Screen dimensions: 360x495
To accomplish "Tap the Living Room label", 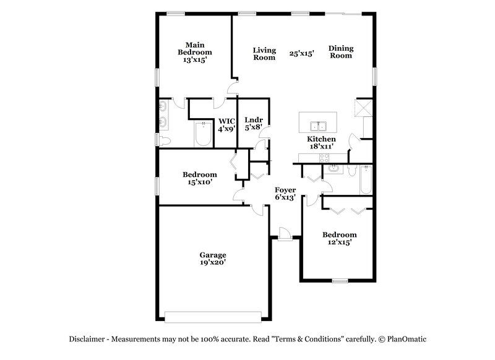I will coord(264,53).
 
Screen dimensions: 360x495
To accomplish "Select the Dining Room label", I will coord(340,51).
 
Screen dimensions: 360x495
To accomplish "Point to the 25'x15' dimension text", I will coord(302,53).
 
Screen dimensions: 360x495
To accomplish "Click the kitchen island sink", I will coord(321,126).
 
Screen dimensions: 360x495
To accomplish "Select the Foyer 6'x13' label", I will coord(285,194).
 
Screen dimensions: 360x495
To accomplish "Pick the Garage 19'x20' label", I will coord(212,259).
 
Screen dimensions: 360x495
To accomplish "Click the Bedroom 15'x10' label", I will coord(200,179).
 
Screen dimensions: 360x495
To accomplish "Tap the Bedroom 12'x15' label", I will coord(340,239).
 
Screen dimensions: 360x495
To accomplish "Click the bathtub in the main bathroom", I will coord(203,135).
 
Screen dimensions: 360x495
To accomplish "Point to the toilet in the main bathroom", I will coord(165,142).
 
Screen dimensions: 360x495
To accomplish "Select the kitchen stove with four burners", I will coord(323,158).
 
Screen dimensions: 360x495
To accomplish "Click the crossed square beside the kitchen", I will coord(362,109).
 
